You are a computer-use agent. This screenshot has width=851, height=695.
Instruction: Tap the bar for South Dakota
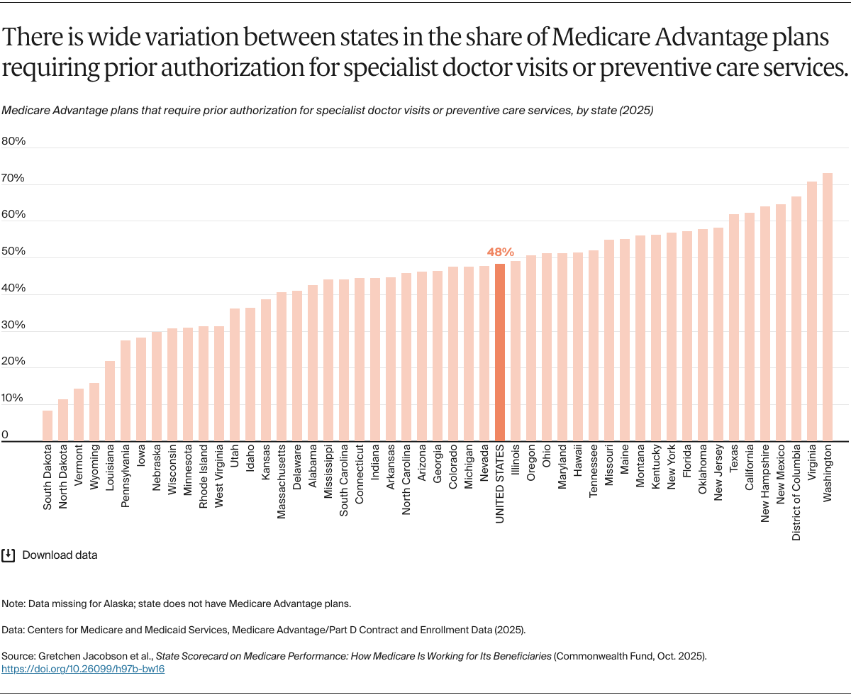pyautogui.click(x=48, y=426)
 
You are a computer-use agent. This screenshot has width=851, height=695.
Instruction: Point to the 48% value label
pyautogui.click(x=500, y=252)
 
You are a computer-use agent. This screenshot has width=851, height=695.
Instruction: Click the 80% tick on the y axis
pyautogui.click(x=13, y=141)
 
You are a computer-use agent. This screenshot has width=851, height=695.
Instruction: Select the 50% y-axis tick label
pyautogui.click(x=13, y=252)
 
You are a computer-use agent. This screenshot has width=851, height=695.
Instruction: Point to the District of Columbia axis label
pyautogui.click(x=796, y=493)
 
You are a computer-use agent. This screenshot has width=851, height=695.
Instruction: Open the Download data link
pyautogui.click(x=60, y=555)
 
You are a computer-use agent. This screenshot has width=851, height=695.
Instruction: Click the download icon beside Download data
pyautogui.click(x=9, y=555)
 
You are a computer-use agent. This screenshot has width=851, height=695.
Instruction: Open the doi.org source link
pyautogui.click(x=83, y=669)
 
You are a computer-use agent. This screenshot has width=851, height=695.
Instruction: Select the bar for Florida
pyautogui.click(x=687, y=336)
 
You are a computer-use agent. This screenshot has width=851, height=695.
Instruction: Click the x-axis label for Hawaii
pyautogui.click(x=578, y=462)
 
